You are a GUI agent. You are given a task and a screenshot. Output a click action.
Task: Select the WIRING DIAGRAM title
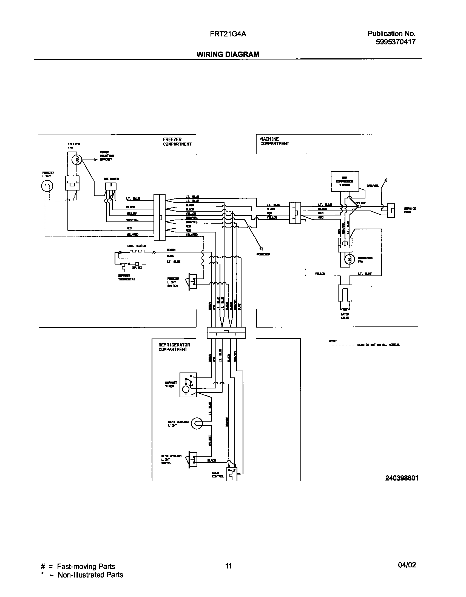coord(228,54)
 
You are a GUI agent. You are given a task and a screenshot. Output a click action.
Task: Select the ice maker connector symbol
coord(110,186)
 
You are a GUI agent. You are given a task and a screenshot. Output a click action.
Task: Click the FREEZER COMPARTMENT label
coord(177,142)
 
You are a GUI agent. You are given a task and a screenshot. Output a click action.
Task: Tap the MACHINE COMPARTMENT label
coord(274,141)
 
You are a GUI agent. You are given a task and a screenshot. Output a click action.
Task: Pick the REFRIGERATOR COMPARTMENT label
coord(174,347)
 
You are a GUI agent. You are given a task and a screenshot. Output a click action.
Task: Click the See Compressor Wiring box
coord(345,181)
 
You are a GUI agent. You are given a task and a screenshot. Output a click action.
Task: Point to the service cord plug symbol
coord(391,211)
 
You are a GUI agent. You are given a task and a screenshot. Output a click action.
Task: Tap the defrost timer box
coord(188,385)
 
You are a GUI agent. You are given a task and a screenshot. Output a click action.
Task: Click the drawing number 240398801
coord(402,478)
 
